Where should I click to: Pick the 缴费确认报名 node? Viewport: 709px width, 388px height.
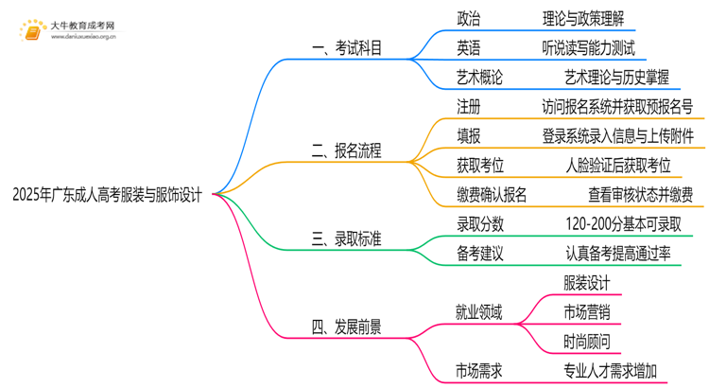(x=492, y=195)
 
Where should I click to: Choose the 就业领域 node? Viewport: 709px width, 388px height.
(x=480, y=312)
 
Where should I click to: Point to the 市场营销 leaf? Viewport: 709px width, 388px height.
(x=586, y=312)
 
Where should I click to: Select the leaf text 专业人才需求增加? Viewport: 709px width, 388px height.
(x=609, y=371)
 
